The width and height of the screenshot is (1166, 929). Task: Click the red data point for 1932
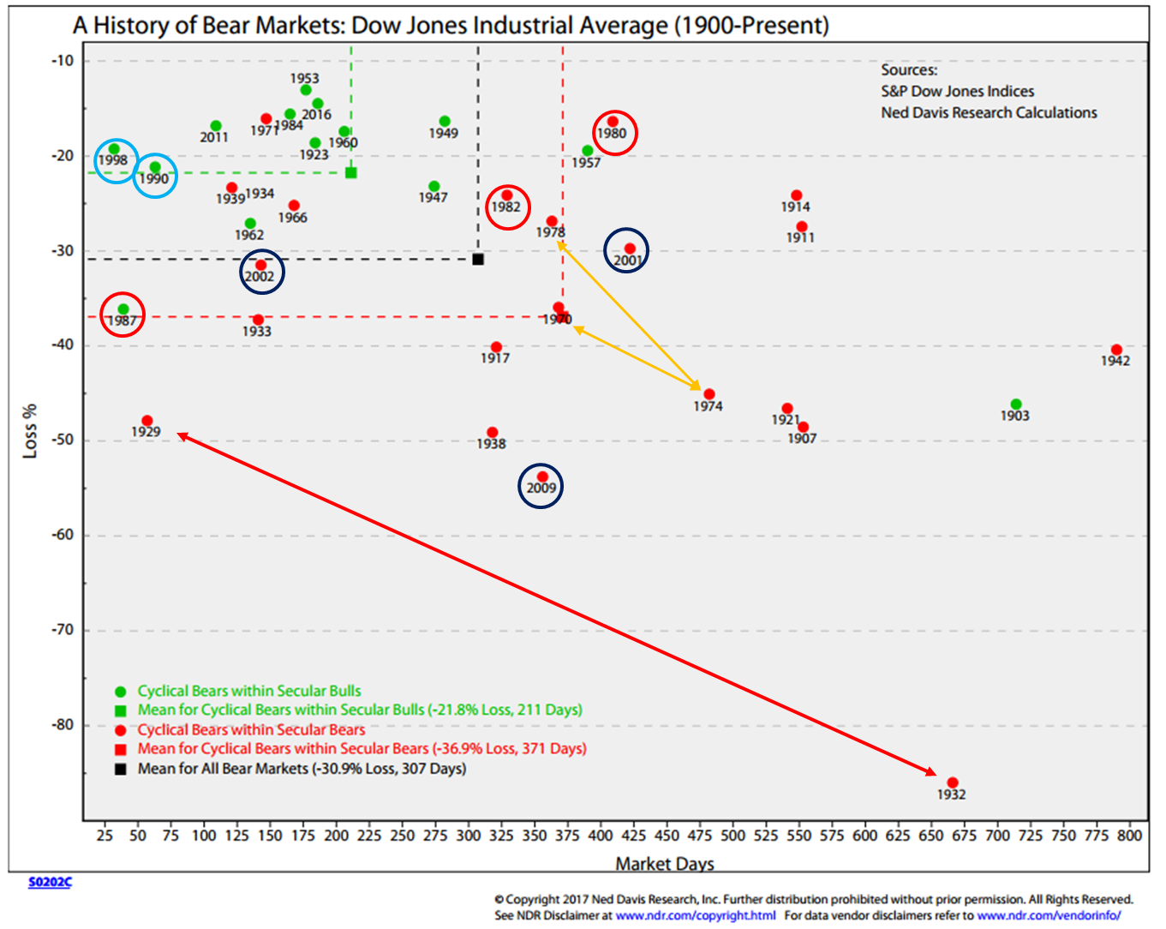(x=952, y=782)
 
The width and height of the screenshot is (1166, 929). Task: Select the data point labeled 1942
(x=1116, y=350)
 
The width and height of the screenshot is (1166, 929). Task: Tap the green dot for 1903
(x=1015, y=405)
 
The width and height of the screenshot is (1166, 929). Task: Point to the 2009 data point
(x=542, y=476)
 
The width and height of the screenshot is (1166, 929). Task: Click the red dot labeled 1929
(x=147, y=421)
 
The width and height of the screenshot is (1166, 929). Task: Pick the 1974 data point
(x=709, y=394)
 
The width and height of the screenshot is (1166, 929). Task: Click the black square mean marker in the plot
(x=478, y=259)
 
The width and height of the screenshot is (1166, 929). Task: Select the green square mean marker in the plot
(x=351, y=173)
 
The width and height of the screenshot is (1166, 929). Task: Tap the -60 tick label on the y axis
(x=63, y=535)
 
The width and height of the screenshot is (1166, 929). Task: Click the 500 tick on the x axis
(x=732, y=836)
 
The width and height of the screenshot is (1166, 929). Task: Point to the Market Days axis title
(x=664, y=864)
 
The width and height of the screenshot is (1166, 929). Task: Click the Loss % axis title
(x=31, y=430)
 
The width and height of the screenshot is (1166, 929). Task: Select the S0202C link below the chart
(x=50, y=882)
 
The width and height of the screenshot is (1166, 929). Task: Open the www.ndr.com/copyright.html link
(x=695, y=915)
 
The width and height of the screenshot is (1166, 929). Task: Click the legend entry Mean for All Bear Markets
(x=302, y=769)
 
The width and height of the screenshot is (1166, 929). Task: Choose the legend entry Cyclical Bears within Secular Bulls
(x=249, y=691)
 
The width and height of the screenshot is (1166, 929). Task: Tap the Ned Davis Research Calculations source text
(x=989, y=112)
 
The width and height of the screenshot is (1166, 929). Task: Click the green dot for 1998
(x=114, y=149)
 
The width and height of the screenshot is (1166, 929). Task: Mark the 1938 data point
(x=492, y=433)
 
